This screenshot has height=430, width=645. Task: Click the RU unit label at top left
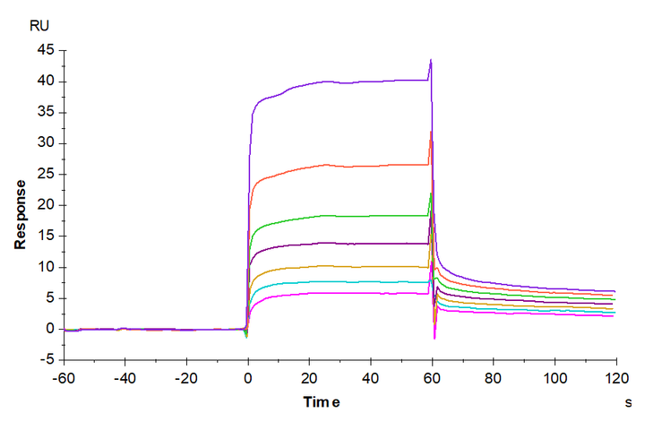pyautogui.click(x=39, y=25)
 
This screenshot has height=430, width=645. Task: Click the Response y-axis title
pyautogui.click(x=19, y=212)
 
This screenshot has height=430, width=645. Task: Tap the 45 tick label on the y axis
pyautogui.click(x=45, y=50)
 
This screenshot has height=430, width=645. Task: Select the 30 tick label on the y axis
pyautogui.click(x=45, y=143)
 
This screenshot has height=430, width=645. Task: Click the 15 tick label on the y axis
pyautogui.click(x=45, y=236)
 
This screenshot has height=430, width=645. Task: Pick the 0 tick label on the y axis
pyautogui.click(x=50, y=329)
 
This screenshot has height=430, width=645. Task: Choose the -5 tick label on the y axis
pyautogui.click(x=46, y=360)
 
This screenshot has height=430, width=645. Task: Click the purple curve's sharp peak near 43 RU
pyautogui.click(x=431, y=61)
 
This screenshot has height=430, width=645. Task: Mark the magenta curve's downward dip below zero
pyautogui.click(x=434, y=337)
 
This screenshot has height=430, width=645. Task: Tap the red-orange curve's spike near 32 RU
pyautogui.click(x=431, y=133)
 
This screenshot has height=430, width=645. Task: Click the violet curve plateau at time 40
pyautogui.click(x=371, y=81)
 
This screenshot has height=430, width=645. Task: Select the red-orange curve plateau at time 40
pyautogui.click(x=371, y=166)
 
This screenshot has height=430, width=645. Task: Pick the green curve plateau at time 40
pyautogui.click(x=371, y=215)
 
